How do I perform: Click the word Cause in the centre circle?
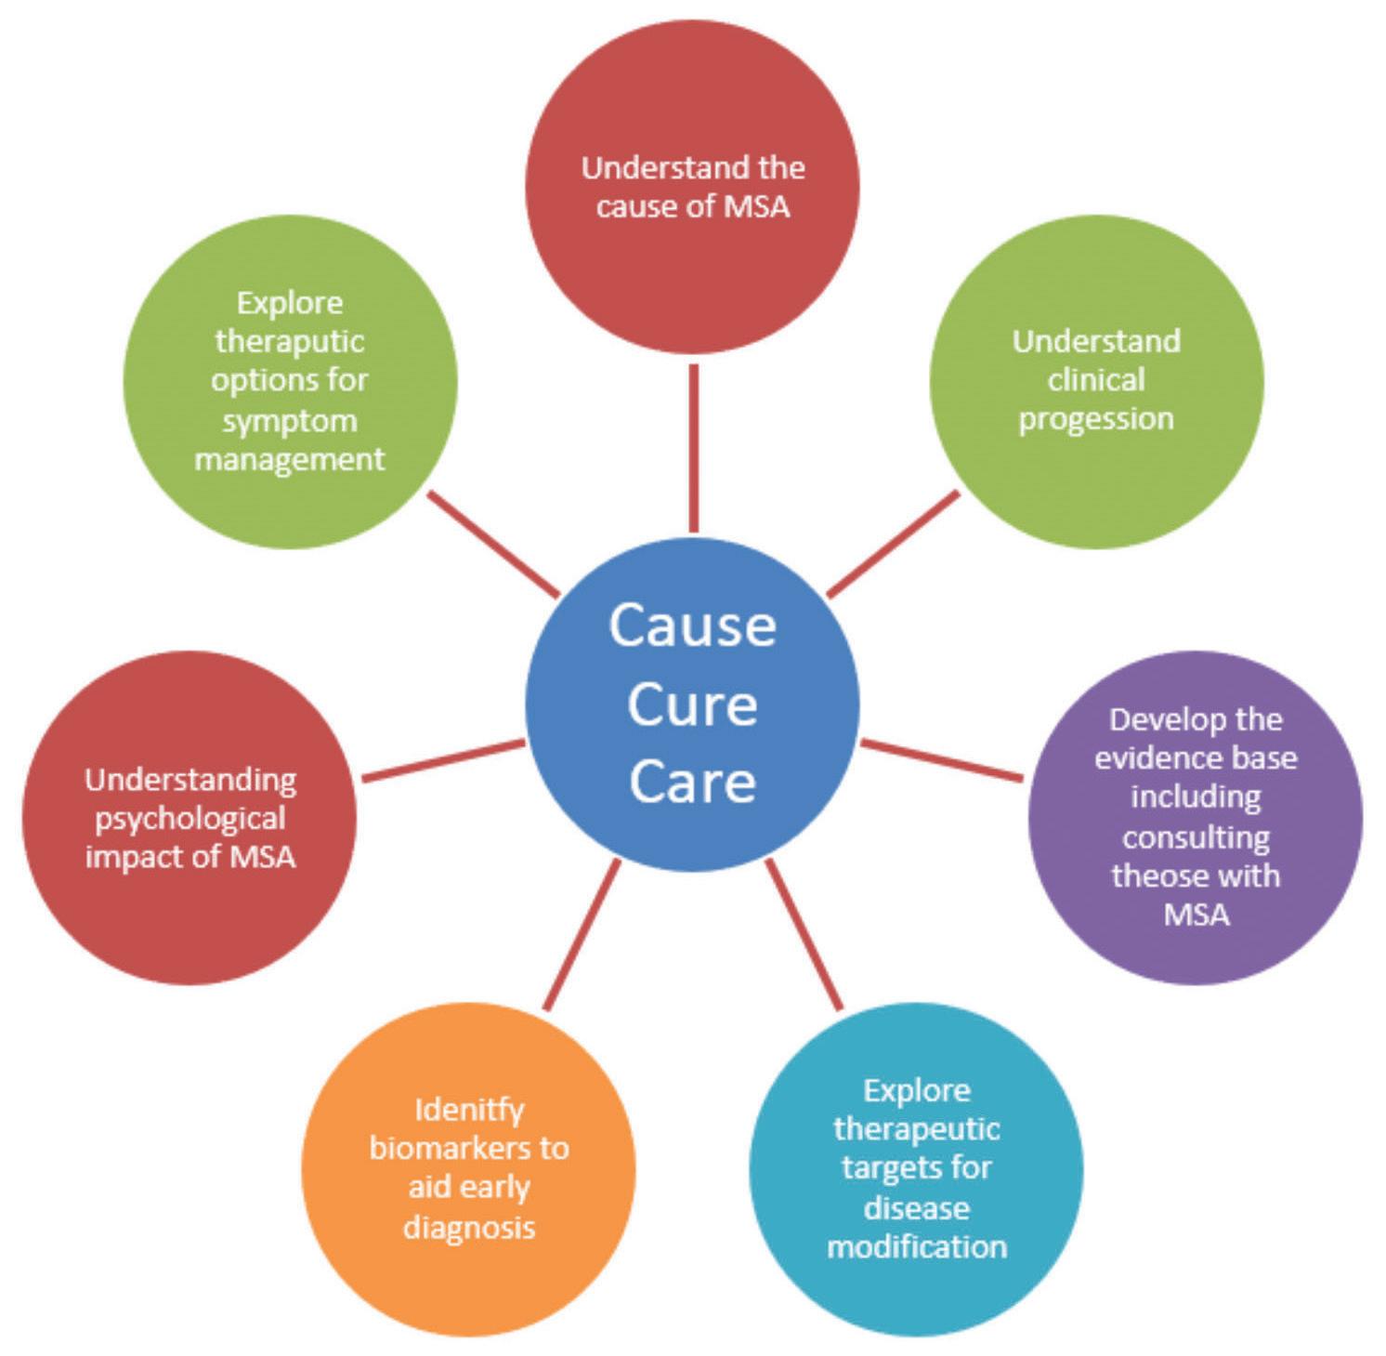pos(692,625)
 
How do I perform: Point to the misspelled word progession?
pos(1096,419)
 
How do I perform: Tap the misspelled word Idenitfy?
pos(469,1110)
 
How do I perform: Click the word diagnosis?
pos(469,1227)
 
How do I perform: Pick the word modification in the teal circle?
pos(917,1246)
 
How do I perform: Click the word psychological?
pos(190,819)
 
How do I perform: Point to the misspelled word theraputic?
pos(290,341)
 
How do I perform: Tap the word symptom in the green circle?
pos(290,420)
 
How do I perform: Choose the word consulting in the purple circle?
pos(1196,837)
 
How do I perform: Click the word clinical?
pos(1096,379)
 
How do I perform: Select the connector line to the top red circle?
pos(693,446)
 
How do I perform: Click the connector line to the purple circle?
pos(940,760)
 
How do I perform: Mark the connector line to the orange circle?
pos(582,934)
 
